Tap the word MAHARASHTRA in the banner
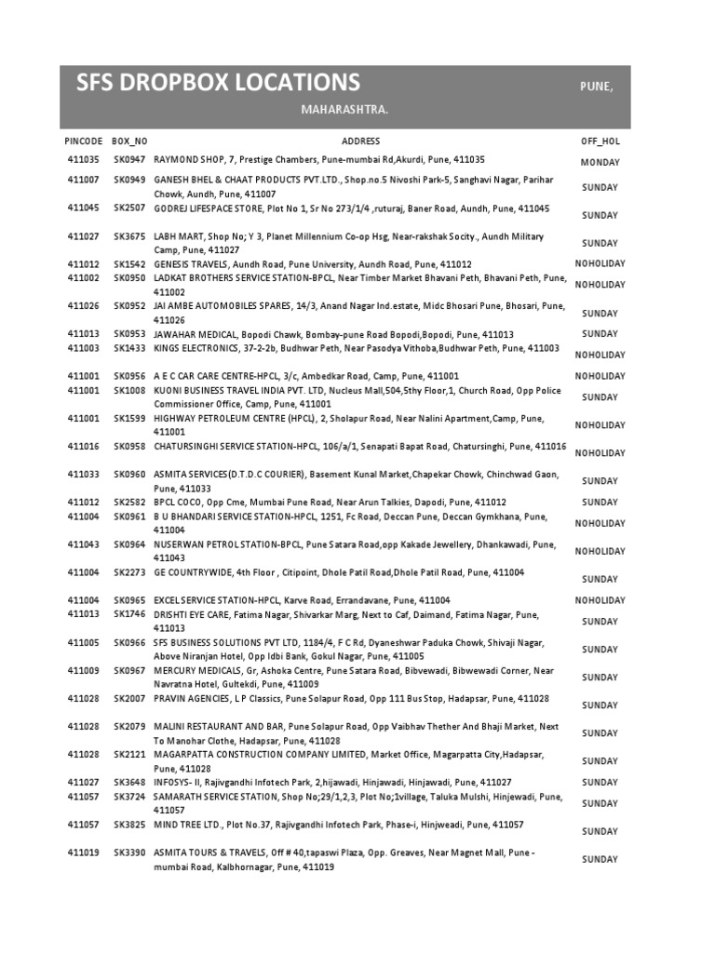pyautogui.click(x=344, y=111)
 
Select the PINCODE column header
pyautogui.click(x=84, y=141)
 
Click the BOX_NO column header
pyautogui.click(x=129, y=141)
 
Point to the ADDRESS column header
pyautogui.click(x=360, y=141)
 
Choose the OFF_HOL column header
pyautogui.click(x=600, y=141)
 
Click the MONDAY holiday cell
pyautogui.click(x=600, y=162)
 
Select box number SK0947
pyautogui.click(x=129, y=160)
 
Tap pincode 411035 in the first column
pyautogui.click(x=84, y=160)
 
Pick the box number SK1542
pyautogui.click(x=129, y=264)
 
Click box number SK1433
pyautogui.click(x=129, y=347)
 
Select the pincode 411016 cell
pyautogui.click(x=84, y=446)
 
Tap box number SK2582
pyautogui.click(x=129, y=502)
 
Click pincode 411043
pyautogui.click(x=84, y=544)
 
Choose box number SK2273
pyautogui.click(x=129, y=571)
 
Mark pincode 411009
pyautogui.click(x=84, y=670)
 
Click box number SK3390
pyautogui.click(x=129, y=852)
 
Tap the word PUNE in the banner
pyautogui.click(x=596, y=86)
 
